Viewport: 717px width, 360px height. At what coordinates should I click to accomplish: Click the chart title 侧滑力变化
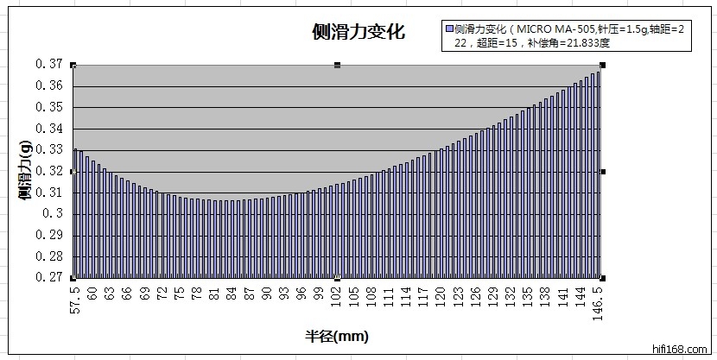point(358,33)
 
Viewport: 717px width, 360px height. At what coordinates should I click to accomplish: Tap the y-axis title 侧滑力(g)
point(26,172)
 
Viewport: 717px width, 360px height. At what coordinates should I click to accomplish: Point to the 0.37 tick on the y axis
point(50,64)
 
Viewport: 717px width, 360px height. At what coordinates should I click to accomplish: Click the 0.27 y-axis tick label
point(50,278)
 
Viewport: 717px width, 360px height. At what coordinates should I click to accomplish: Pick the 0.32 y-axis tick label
point(50,171)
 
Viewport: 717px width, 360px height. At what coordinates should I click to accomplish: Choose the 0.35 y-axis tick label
point(50,107)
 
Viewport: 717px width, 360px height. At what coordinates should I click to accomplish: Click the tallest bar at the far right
point(598,173)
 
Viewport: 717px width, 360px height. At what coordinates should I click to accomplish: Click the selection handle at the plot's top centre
point(337,65)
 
